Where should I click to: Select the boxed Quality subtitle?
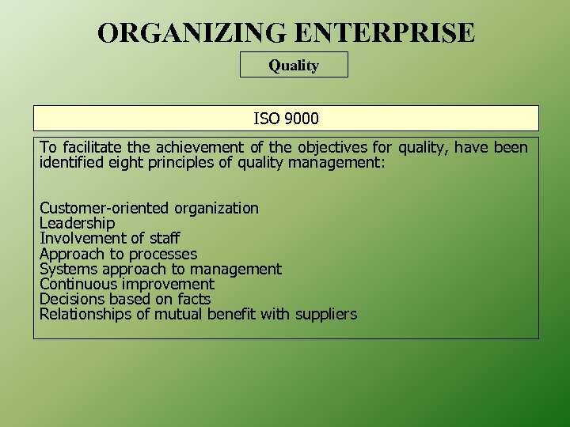[294, 66]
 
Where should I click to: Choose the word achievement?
[201, 148]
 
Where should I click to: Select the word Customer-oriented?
[104, 208]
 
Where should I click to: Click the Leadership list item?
[77, 223]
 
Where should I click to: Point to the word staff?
[165, 238]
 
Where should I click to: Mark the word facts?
[194, 299]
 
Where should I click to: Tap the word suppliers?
[326, 315]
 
